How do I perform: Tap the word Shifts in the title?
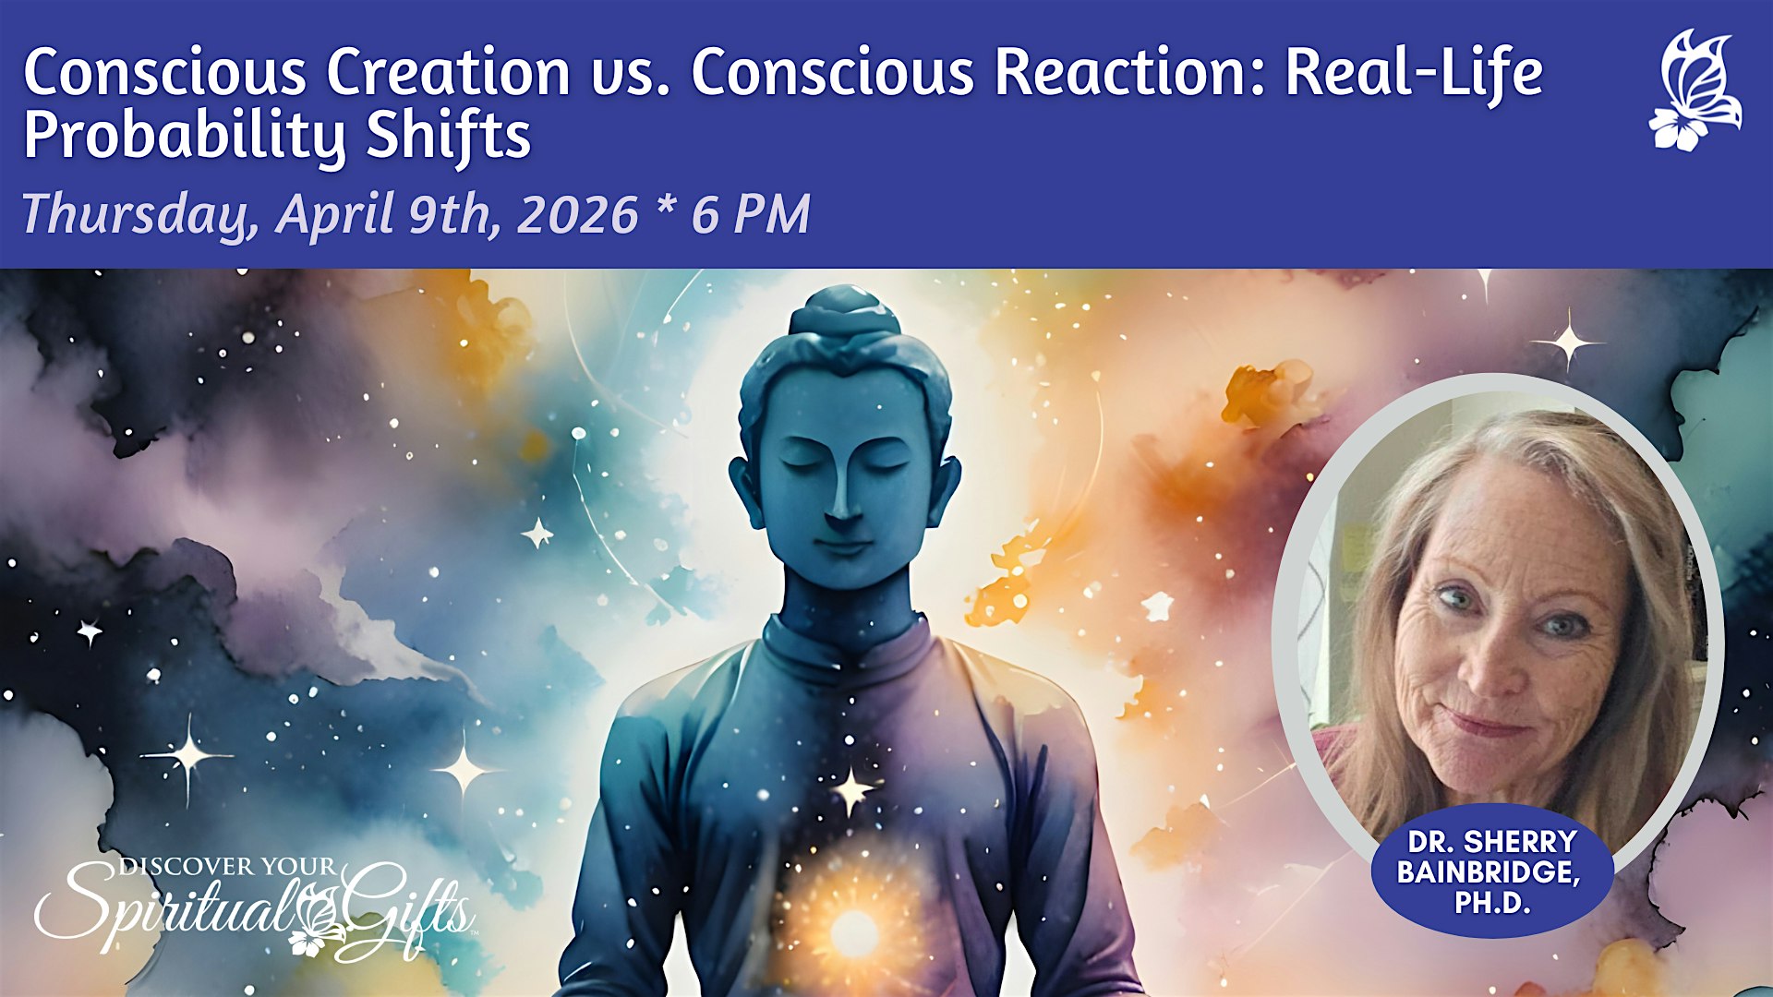pyautogui.click(x=449, y=135)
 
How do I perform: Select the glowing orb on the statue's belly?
pyautogui.click(x=854, y=932)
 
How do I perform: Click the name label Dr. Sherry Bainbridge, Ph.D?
pyautogui.click(x=1491, y=871)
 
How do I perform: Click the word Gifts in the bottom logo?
pyautogui.click(x=406, y=909)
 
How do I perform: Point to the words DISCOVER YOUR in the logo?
pyautogui.click(x=227, y=867)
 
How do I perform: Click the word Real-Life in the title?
pyautogui.click(x=1414, y=72)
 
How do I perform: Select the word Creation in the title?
pyautogui.click(x=449, y=72)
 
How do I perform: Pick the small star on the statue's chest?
pyautogui.click(x=850, y=790)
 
